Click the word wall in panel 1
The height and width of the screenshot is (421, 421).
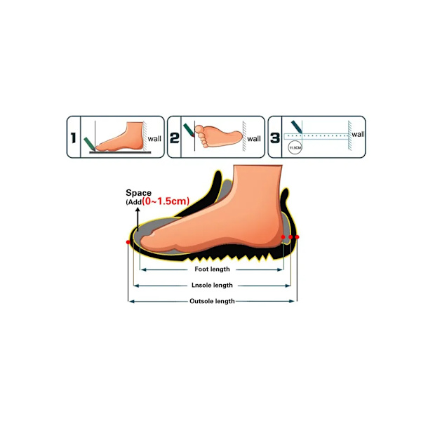pos(154,139)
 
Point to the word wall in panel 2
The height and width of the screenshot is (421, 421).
pos(254,139)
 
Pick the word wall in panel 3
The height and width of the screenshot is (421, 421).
pos(358,134)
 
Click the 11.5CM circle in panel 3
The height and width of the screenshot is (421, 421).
pos(295,147)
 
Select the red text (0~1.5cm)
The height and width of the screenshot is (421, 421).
pos(166,201)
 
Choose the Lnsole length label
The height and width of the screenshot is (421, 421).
pos(212,286)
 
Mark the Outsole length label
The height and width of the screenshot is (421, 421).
pos(212,301)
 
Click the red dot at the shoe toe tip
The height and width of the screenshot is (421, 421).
pos(128,242)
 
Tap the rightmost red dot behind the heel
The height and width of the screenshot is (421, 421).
pos(297,237)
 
